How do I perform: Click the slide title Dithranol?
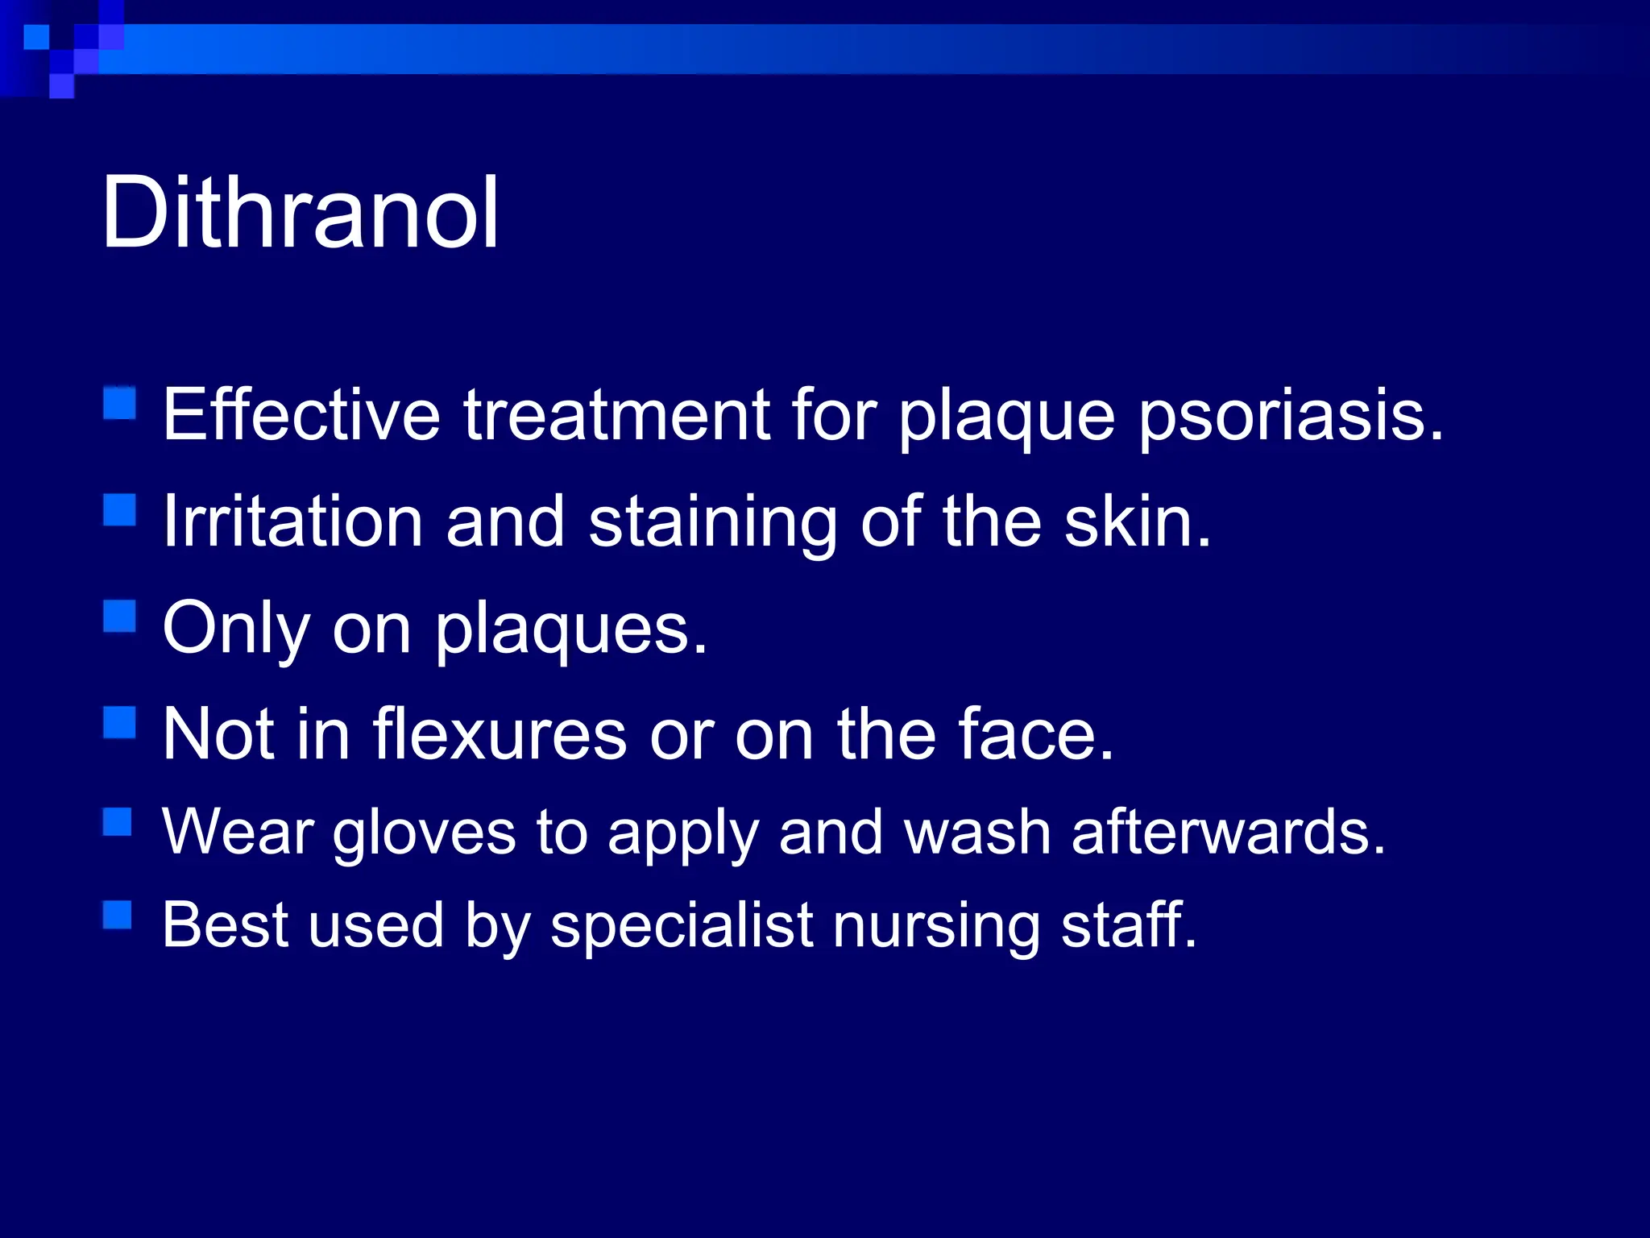(x=300, y=213)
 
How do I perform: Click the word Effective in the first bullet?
(x=301, y=415)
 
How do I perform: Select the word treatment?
(x=616, y=415)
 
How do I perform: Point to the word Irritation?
(x=292, y=521)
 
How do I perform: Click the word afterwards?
(x=1227, y=832)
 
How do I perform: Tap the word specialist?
(x=682, y=925)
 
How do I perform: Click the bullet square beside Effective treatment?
(x=119, y=403)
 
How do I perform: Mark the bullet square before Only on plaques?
(x=119, y=617)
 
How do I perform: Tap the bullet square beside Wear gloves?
(x=118, y=822)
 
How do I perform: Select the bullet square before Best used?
(x=118, y=915)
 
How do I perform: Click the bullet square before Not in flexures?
(x=119, y=722)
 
